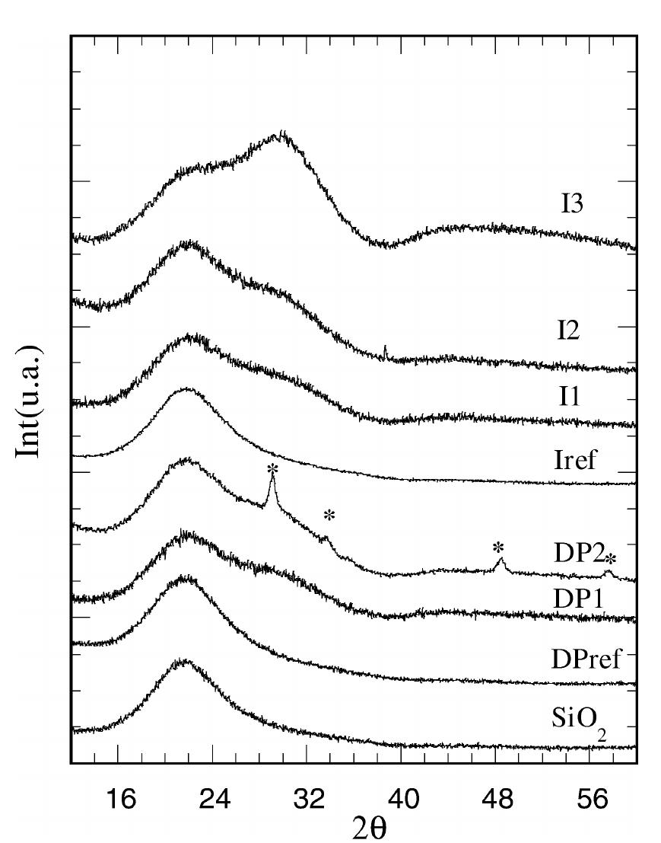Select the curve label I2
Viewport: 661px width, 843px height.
click(x=568, y=330)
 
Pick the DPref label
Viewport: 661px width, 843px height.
click(x=586, y=658)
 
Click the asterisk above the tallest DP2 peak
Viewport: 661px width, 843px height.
click(x=272, y=469)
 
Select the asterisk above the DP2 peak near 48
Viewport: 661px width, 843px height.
click(x=498, y=548)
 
